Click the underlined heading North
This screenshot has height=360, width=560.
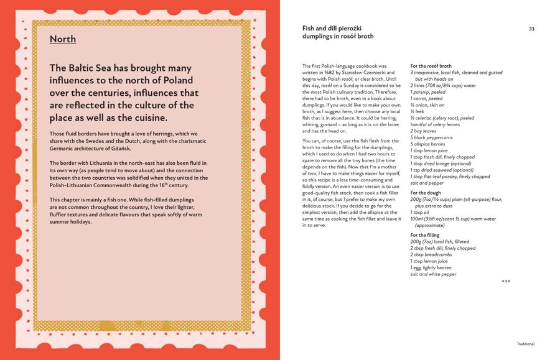coord(63,39)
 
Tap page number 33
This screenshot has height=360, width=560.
coord(531,29)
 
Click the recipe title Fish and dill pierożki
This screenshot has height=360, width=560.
coord(332,29)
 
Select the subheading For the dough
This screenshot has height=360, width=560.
coord(426,193)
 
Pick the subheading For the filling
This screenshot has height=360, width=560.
coord(424,235)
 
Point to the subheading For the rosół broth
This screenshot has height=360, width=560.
coord(431,66)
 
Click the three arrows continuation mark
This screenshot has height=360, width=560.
coord(506,281)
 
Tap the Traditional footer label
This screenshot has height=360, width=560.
coord(525,344)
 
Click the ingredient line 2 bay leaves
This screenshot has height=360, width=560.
coord(424,131)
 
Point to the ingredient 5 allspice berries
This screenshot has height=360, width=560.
coord(427,144)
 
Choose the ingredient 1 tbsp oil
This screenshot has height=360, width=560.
coord(420,212)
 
